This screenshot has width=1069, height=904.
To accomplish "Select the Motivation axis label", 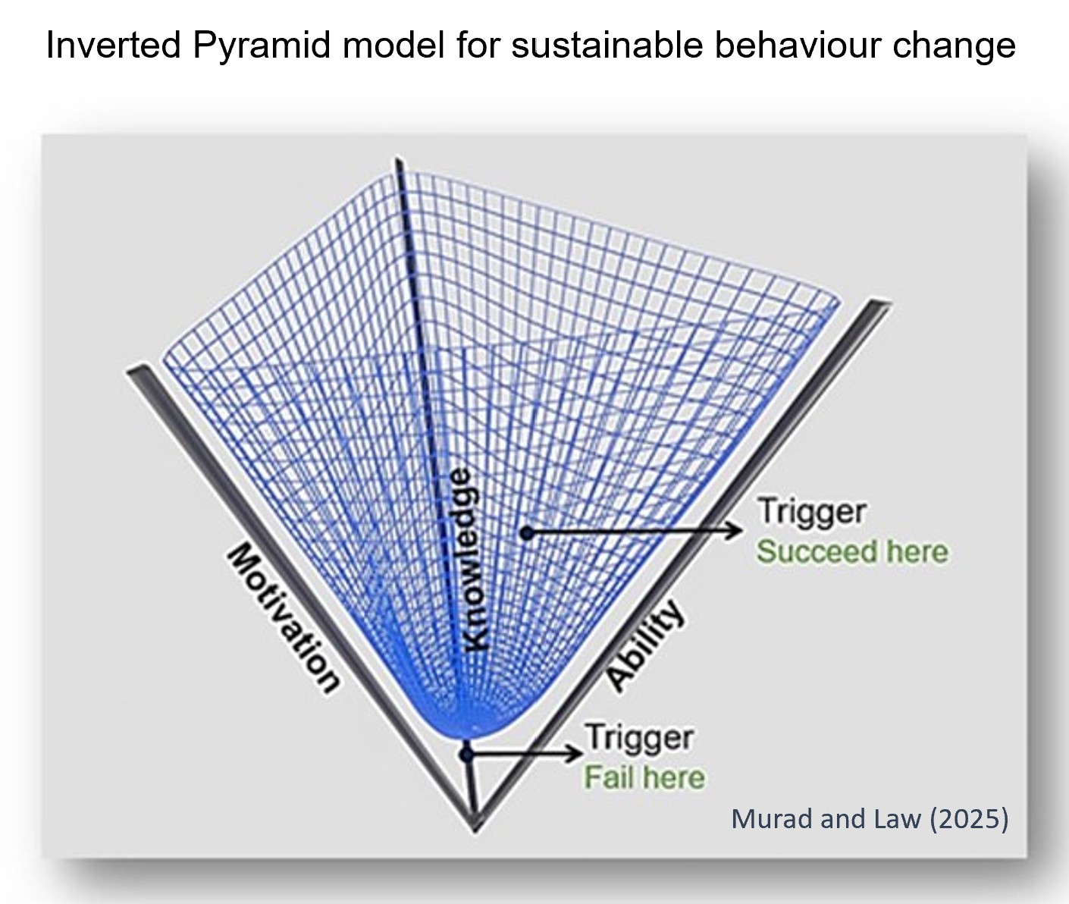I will (x=283, y=618).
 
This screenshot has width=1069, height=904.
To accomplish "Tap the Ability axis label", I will (x=645, y=645).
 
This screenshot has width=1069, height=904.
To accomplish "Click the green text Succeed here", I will (x=852, y=551).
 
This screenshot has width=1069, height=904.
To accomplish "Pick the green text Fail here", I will (x=644, y=777).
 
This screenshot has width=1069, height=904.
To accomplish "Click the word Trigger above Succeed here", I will (x=811, y=510).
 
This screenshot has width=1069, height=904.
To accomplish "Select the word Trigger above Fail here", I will (x=638, y=736).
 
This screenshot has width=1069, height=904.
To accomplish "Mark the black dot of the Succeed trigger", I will (x=528, y=533).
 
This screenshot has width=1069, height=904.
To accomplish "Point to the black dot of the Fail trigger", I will (x=468, y=754).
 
